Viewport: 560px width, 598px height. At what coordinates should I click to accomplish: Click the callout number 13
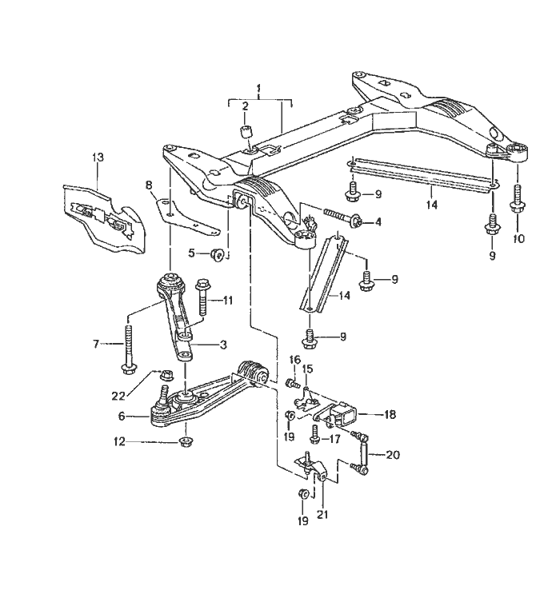click(98, 157)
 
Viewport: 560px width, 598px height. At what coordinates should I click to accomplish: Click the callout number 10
click(518, 239)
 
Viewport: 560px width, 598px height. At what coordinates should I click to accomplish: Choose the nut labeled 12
click(186, 442)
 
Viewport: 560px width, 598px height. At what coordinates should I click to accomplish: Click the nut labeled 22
click(166, 375)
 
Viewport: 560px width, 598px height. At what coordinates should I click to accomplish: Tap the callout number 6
click(122, 416)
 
